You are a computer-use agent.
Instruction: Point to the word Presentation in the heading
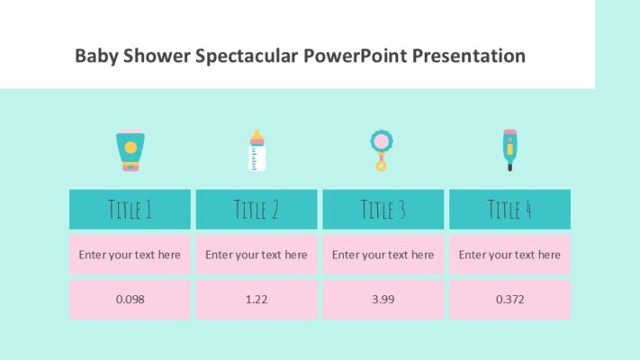coord(469,56)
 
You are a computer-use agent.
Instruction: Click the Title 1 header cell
coord(130,210)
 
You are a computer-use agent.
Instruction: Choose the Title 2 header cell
coord(257,210)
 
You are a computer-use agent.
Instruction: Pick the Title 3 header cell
coord(383,210)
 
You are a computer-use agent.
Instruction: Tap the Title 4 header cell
coord(509,210)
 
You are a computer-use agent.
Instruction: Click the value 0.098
coord(130,299)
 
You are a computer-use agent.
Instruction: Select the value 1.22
coord(257,299)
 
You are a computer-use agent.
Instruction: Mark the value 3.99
coord(383,299)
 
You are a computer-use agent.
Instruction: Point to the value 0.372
coord(509,299)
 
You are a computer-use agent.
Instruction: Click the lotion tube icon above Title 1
coord(130,151)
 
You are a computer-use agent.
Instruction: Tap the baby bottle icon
coord(257,151)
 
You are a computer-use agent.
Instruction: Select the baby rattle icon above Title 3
coord(382,149)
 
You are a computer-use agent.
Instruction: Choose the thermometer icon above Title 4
coord(509,149)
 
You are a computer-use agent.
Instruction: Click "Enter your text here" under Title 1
coord(130,255)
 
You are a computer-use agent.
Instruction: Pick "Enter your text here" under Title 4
coord(509,255)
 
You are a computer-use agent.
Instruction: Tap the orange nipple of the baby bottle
coord(257,135)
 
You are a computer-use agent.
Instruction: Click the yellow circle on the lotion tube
coord(130,147)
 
